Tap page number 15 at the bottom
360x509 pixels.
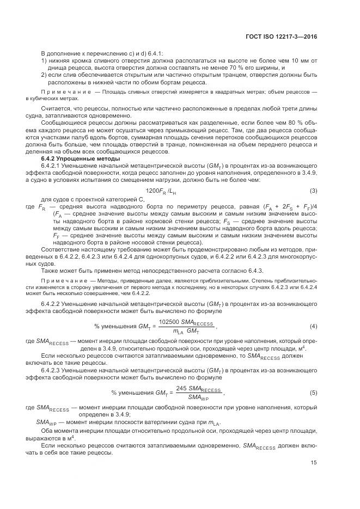pos(314,463)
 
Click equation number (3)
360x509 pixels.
pos(313,191)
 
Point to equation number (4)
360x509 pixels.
pos(313,326)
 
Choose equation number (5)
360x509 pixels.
pos(313,393)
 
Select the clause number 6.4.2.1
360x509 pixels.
pos(51,165)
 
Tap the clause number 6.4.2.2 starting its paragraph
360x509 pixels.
pos(51,302)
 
